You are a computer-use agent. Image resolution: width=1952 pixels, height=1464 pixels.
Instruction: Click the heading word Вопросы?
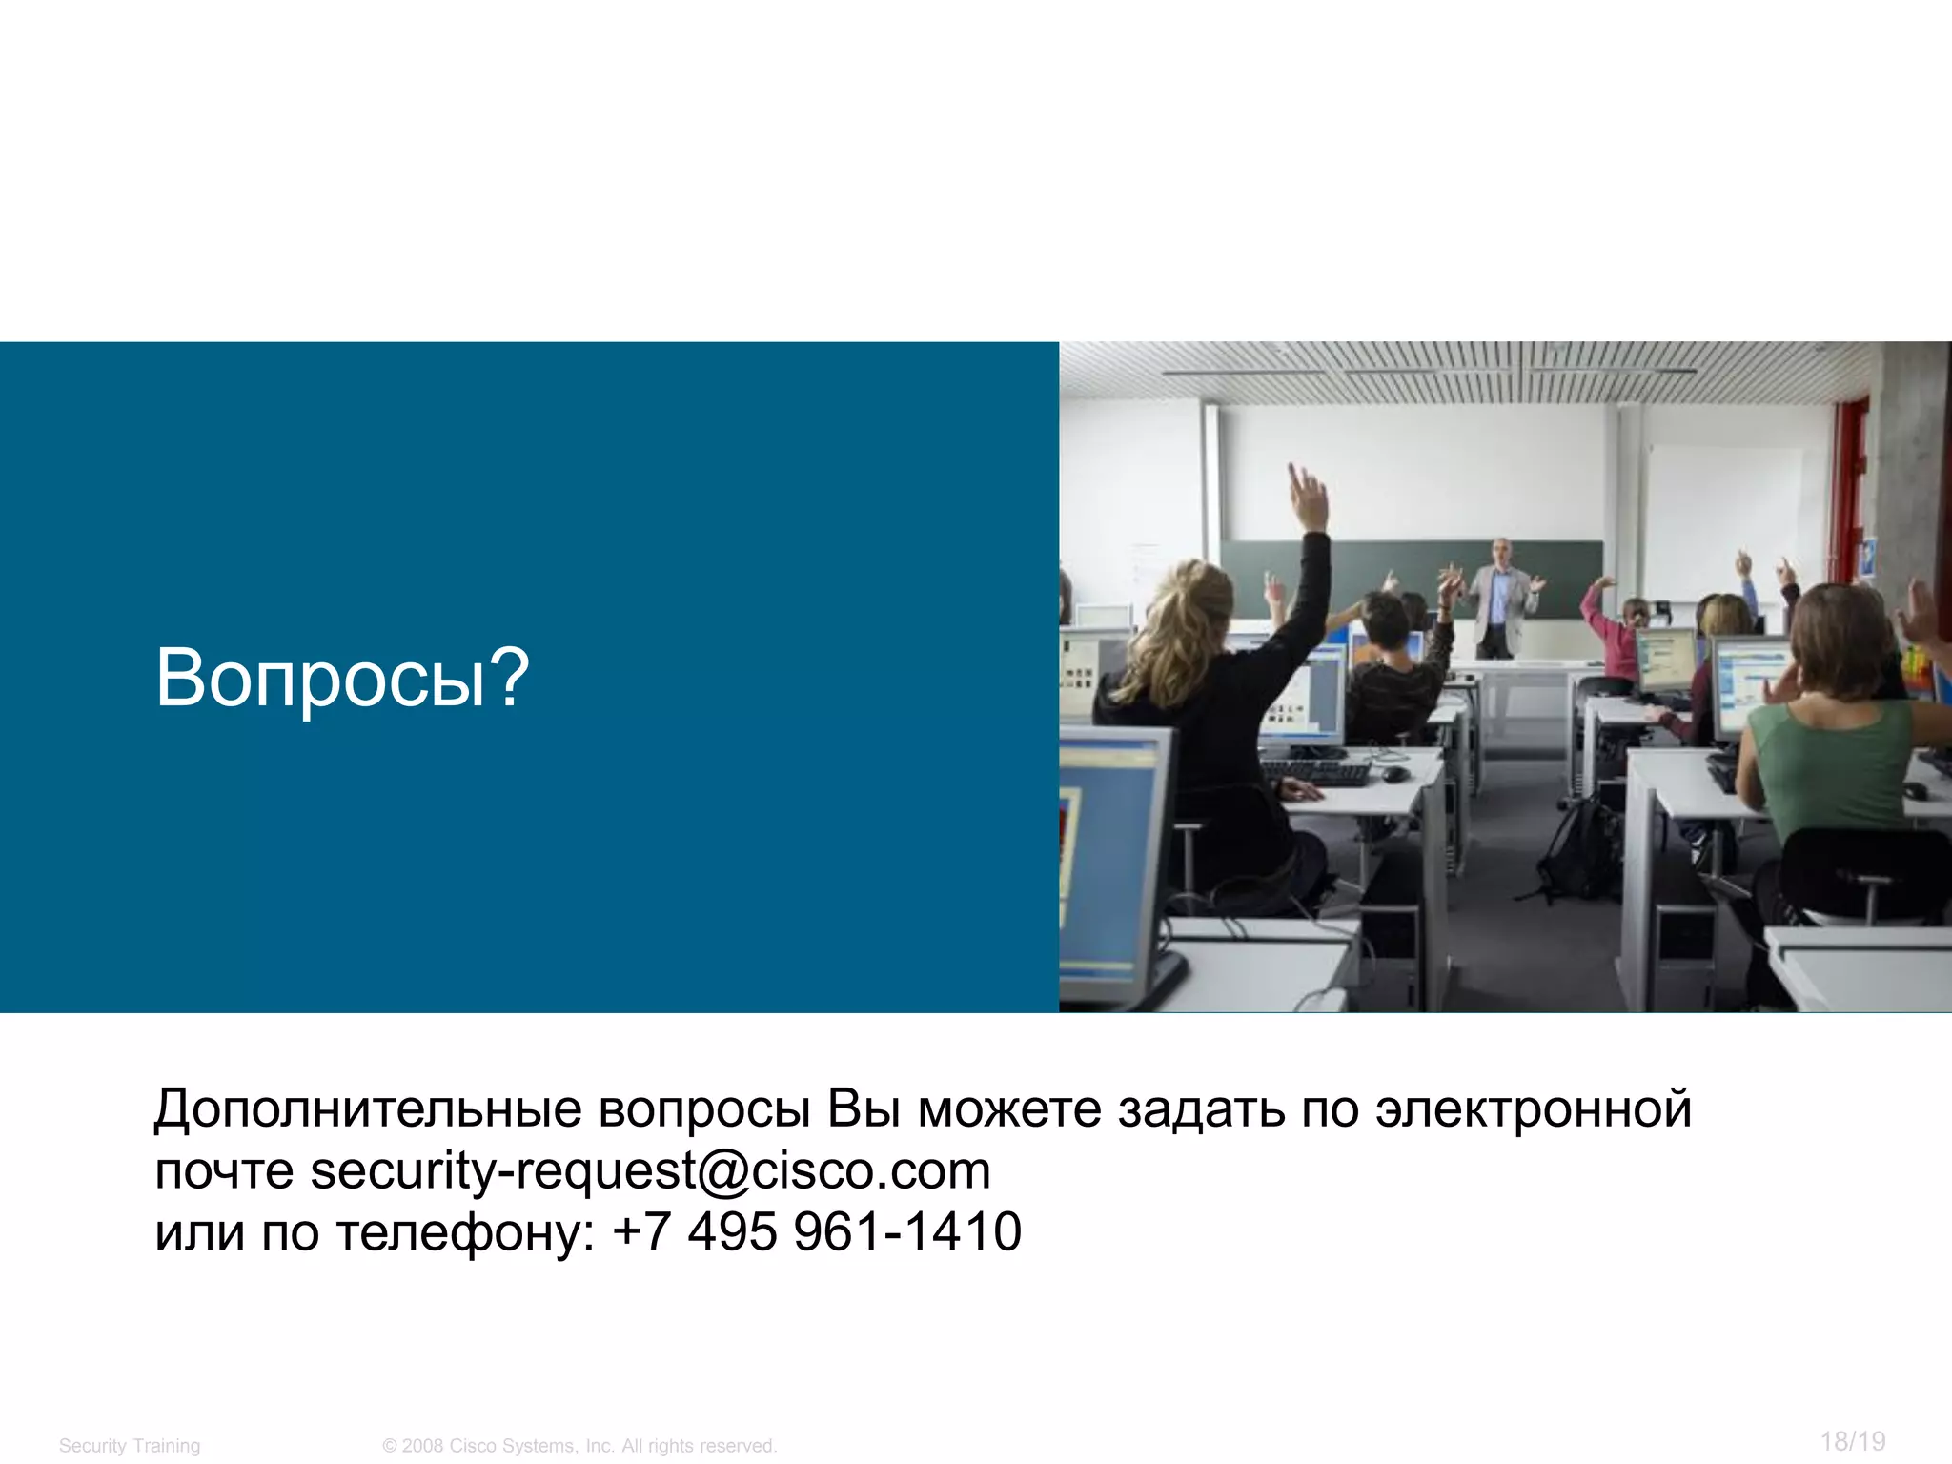point(341,678)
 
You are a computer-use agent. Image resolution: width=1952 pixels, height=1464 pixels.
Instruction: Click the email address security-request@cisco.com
point(650,1170)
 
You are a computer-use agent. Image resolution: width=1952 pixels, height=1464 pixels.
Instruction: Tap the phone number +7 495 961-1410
point(817,1231)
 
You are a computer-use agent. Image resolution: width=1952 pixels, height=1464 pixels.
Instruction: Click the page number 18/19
point(1852,1441)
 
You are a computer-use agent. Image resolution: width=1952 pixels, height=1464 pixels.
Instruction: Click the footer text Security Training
point(130,1446)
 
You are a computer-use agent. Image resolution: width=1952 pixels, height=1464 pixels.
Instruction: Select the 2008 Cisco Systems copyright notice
point(579,1446)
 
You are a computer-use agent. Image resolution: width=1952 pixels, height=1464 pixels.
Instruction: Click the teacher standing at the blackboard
point(1501,599)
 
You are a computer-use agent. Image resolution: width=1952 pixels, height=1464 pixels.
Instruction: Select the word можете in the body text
point(1008,1109)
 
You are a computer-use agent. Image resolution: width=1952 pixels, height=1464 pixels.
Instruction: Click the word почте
point(224,1171)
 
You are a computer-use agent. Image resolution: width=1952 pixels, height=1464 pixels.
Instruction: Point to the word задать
point(1201,1109)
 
